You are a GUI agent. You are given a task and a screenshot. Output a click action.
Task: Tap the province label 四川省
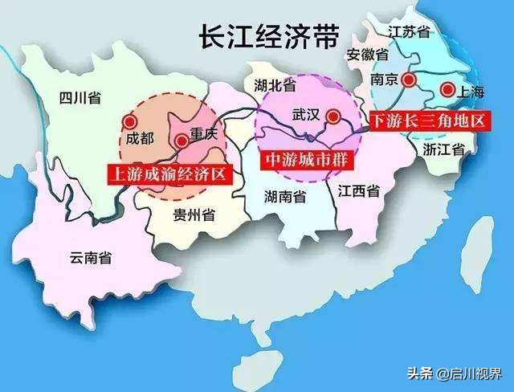[80, 99]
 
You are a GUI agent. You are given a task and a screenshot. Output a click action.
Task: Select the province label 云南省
[90, 257]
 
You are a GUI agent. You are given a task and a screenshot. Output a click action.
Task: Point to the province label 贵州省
[193, 214]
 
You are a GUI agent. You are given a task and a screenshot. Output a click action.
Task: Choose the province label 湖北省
[275, 84]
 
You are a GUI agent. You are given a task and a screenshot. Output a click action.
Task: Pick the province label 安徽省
[367, 55]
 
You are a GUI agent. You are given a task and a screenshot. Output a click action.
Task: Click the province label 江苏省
[410, 31]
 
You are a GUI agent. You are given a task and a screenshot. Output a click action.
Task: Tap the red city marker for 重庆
[182, 141]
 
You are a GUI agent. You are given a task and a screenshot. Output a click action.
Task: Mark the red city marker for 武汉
[332, 116]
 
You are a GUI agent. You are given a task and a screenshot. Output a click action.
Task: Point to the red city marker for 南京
[410, 79]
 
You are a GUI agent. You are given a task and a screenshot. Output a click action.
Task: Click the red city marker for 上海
[447, 89]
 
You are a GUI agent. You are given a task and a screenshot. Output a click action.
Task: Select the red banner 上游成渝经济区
[169, 173]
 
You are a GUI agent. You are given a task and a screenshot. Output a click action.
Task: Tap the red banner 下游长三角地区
[427, 121]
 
